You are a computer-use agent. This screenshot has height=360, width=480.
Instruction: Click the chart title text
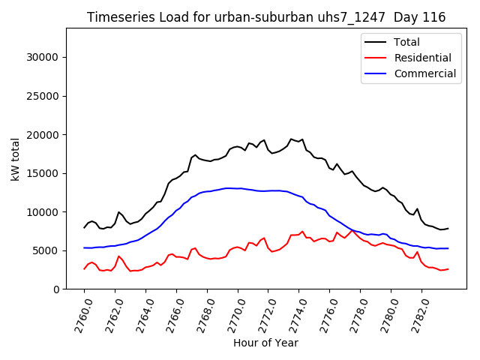click(266, 17)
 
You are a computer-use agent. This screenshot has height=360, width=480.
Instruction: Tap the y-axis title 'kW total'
click(16, 159)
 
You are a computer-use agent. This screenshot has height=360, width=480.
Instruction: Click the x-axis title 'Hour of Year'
click(265, 343)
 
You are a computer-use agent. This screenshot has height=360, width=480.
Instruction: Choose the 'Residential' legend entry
click(423, 58)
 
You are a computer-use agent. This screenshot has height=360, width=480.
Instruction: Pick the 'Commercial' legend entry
click(424, 73)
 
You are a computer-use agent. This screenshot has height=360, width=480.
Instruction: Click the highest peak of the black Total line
click(291, 139)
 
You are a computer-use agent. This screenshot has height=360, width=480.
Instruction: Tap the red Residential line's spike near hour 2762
click(118, 256)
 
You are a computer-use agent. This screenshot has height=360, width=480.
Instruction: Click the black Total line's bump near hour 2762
click(118, 212)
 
